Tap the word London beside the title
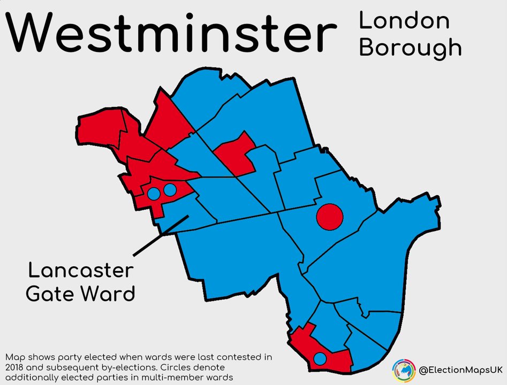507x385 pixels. (x=404, y=20)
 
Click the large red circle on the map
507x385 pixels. (x=329, y=217)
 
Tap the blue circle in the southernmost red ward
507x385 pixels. (x=320, y=358)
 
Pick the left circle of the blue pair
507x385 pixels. (x=154, y=194)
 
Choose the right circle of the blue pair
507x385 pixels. (x=170, y=189)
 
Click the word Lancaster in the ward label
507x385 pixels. (x=80, y=270)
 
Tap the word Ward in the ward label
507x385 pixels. (x=109, y=294)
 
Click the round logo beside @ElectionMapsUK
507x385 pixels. (x=404, y=370)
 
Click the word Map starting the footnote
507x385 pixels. (x=15, y=357)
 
